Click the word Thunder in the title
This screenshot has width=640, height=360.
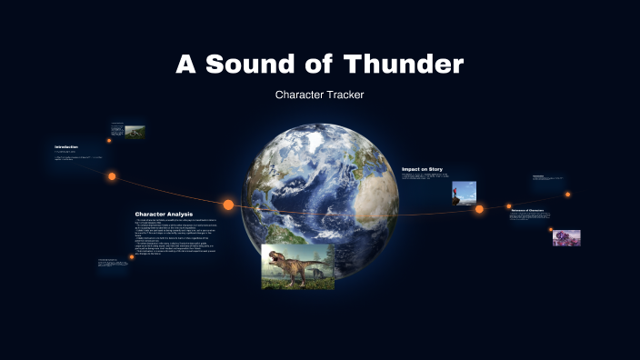[x=404, y=65]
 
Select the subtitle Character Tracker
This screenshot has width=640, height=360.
[x=319, y=95]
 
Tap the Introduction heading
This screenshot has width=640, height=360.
[x=66, y=146]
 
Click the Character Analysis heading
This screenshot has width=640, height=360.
[x=164, y=215]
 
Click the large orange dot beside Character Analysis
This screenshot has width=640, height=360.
[x=228, y=205]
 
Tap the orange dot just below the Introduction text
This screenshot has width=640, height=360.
[x=112, y=176]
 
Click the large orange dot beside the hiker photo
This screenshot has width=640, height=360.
[x=479, y=209]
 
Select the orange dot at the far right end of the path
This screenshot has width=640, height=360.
[x=567, y=194]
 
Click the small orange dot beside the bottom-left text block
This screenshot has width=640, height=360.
[x=132, y=257]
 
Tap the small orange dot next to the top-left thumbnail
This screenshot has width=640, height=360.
[x=109, y=140]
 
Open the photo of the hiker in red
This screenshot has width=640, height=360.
[x=464, y=192]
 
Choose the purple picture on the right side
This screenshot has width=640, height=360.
[x=566, y=237]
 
